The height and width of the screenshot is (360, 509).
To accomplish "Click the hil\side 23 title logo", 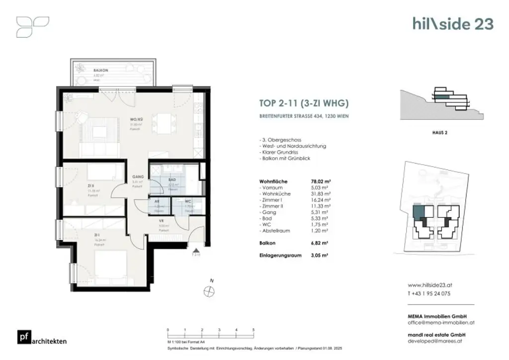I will [453, 23].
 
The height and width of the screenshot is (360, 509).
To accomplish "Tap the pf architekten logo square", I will [23, 337].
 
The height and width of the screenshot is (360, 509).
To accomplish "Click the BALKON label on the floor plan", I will [101, 71].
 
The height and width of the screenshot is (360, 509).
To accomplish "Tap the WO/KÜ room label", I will [137, 119].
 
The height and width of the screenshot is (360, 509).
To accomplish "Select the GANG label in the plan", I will [137, 177].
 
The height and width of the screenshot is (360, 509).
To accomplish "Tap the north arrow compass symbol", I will [207, 291].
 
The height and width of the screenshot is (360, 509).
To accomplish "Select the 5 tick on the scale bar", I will [254, 330].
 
